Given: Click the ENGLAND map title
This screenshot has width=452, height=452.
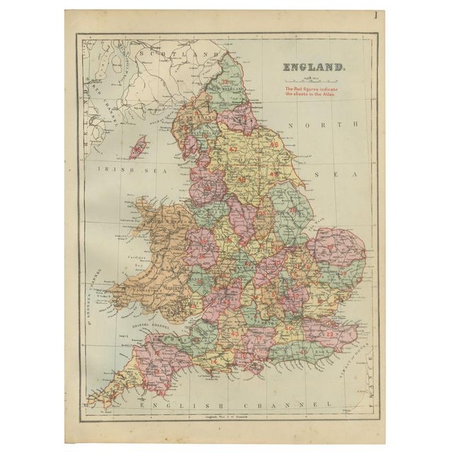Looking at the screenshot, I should [x=314, y=69].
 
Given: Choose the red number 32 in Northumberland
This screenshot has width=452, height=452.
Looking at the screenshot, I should [x=224, y=82].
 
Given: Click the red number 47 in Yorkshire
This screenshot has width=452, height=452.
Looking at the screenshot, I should [x=233, y=149].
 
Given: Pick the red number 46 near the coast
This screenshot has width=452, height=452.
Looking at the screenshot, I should [x=273, y=145].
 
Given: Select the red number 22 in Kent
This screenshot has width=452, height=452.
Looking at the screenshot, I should [x=329, y=333].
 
